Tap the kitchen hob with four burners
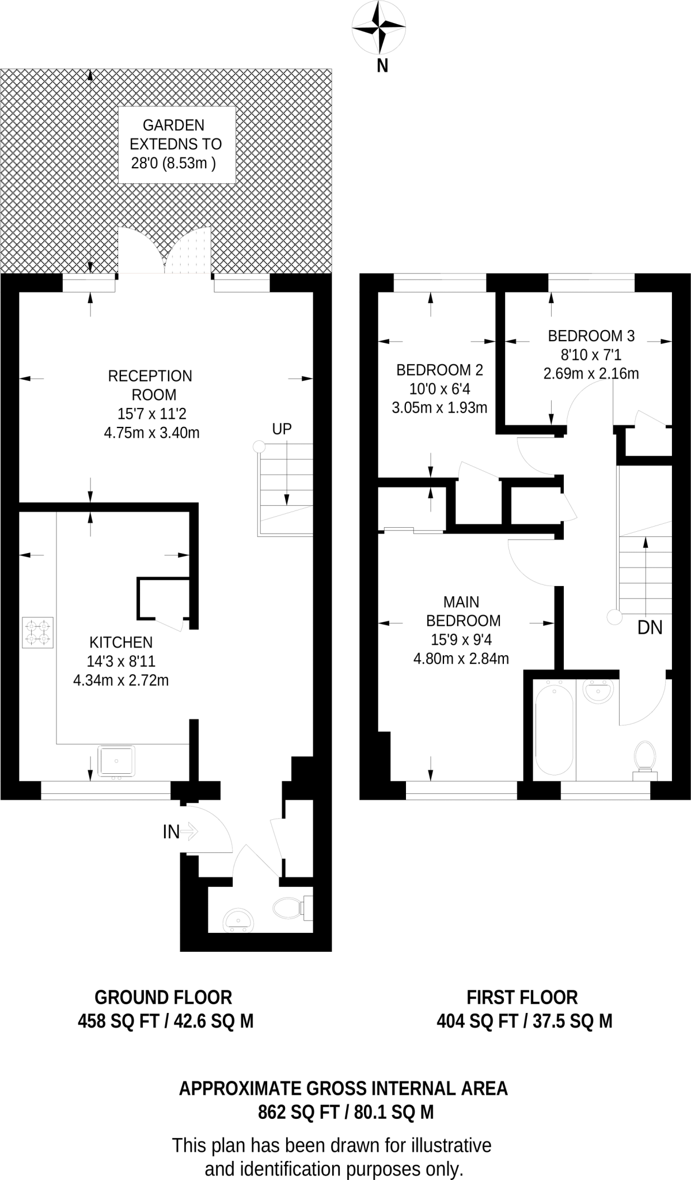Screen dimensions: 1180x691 click(x=37, y=632)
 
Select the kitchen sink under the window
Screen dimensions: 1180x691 click(x=117, y=761)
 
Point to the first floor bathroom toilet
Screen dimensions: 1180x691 click(x=645, y=758)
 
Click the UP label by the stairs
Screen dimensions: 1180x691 click(x=282, y=429)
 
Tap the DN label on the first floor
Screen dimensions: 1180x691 click(x=650, y=627)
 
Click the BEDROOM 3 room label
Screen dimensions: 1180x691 click(x=591, y=335)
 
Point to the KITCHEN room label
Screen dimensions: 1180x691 click(x=121, y=642)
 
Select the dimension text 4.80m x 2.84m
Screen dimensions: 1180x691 click(x=461, y=659)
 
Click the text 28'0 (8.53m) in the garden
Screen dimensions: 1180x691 click(x=173, y=163)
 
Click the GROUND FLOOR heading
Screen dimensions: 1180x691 click(x=163, y=997)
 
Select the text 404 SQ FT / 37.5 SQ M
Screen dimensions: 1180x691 click(x=524, y=1022)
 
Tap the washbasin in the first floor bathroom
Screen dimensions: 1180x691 click(x=597, y=691)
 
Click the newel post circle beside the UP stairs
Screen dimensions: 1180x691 click(x=259, y=447)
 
